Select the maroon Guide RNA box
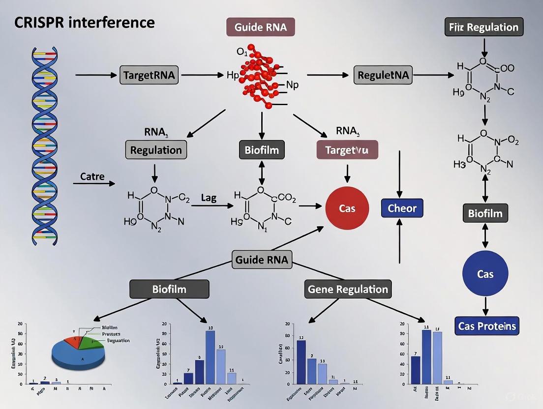coord(260,27)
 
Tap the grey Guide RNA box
coord(262,259)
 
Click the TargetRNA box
coord(150,76)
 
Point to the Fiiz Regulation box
coord(484,27)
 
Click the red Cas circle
coord(347,208)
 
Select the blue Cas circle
coord(485,274)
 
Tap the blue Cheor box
coord(402,208)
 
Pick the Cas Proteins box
coord(487,325)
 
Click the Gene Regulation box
coord(348,289)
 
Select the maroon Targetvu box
coord(347,149)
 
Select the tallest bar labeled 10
coord(210,356)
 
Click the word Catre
coord(92,176)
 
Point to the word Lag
coord(209,198)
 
